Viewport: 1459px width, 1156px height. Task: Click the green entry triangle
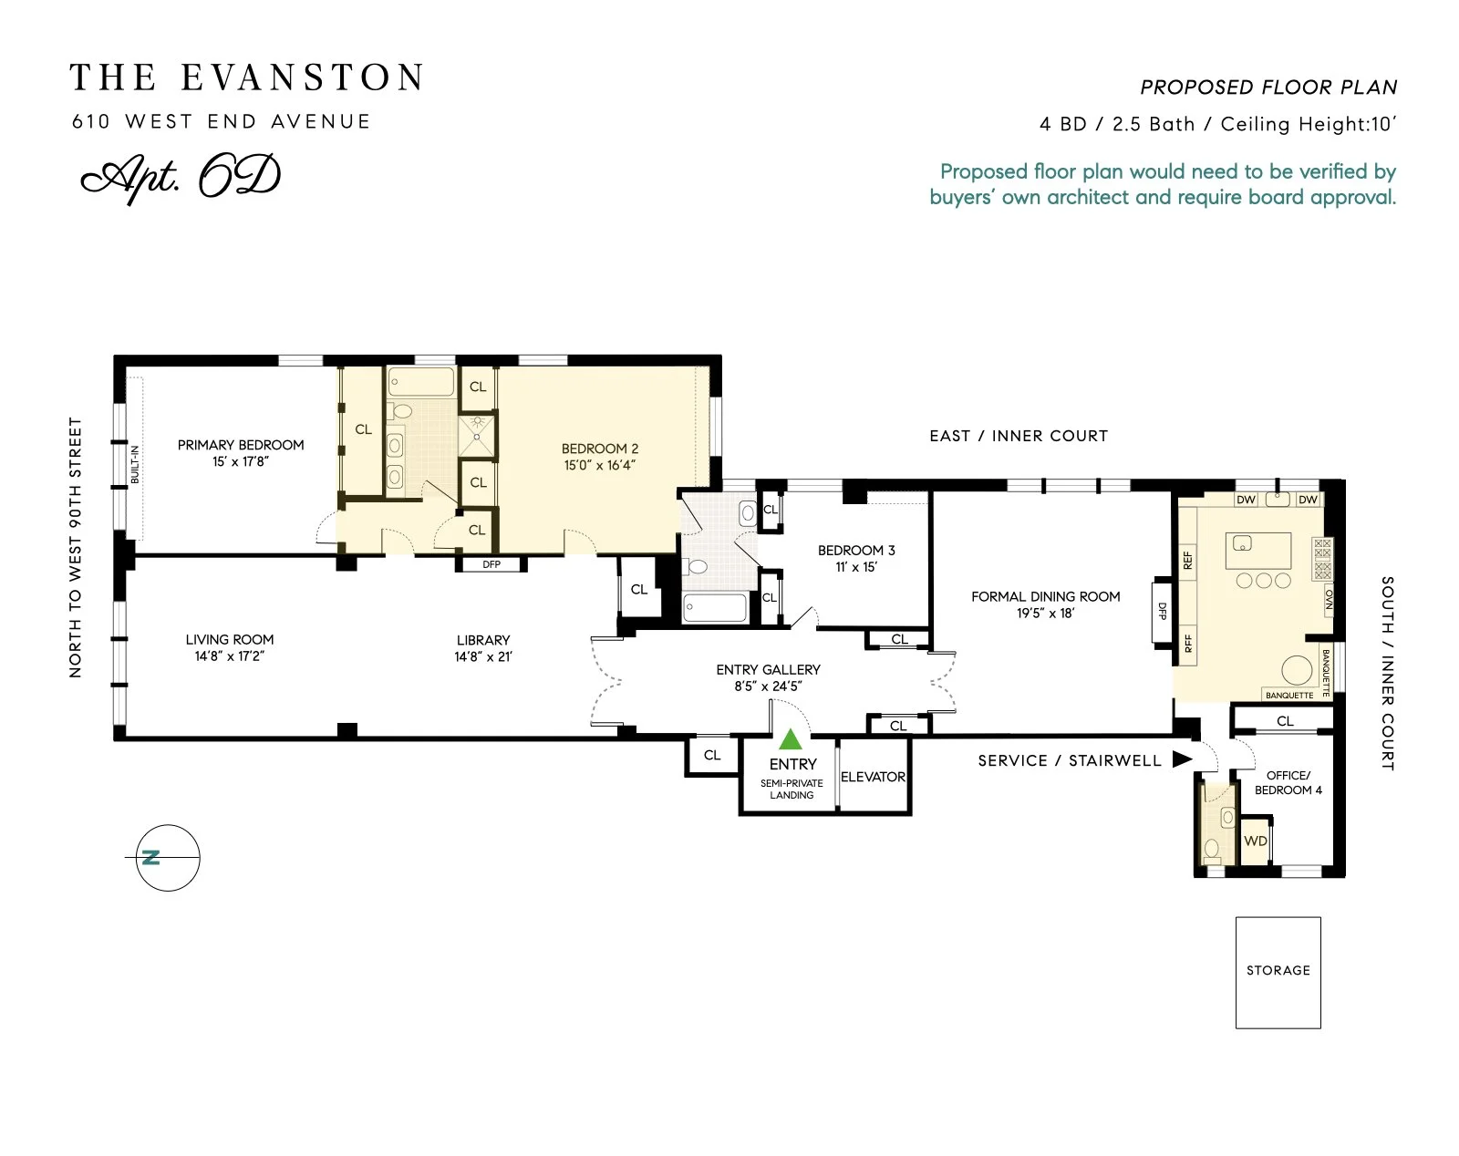(791, 739)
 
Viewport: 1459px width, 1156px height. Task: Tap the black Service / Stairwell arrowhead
(1183, 759)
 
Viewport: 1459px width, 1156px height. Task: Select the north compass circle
(168, 858)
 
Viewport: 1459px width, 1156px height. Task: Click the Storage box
(1278, 972)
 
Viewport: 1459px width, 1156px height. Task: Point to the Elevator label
(874, 777)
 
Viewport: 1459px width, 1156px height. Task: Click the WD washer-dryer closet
(1256, 841)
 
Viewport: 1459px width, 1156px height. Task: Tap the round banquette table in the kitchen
(1297, 671)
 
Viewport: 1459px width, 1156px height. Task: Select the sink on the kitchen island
(1242, 542)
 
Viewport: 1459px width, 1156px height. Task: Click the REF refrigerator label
(1187, 560)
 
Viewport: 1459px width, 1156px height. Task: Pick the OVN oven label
(1329, 599)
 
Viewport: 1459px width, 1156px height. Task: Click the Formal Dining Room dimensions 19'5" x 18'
(1045, 613)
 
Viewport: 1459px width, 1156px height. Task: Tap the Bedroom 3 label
(856, 551)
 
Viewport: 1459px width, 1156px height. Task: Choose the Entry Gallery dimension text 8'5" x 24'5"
(768, 686)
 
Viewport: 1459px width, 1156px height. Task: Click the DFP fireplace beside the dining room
(1162, 612)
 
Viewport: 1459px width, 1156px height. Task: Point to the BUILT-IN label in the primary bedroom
(135, 465)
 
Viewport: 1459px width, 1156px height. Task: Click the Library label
(483, 640)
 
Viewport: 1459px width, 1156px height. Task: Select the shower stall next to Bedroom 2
(477, 436)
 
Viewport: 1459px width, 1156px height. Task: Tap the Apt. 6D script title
(181, 178)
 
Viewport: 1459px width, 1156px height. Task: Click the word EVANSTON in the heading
(303, 77)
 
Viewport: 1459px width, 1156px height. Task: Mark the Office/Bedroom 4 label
(1288, 782)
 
